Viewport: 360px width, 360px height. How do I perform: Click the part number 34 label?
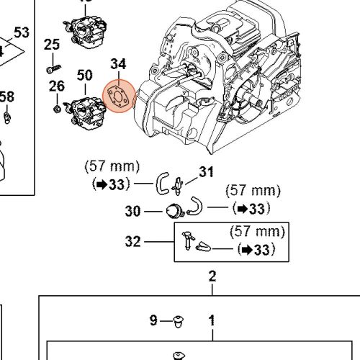click(x=118, y=66)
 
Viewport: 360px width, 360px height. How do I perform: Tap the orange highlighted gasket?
click(x=118, y=96)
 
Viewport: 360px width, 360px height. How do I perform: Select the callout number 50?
click(x=85, y=75)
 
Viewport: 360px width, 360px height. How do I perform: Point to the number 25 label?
click(x=52, y=45)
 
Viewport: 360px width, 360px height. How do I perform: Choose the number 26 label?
click(x=57, y=87)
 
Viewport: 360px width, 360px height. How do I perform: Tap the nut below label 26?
click(x=55, y=109)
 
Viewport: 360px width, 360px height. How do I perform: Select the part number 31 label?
click(x=207, y=171)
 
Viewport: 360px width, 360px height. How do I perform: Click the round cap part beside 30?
click(x=173, y=211)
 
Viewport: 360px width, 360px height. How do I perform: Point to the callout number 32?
click(x=132, y=242)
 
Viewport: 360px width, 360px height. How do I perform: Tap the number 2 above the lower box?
click(x=212, y=276)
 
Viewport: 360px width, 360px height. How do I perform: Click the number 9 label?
click(x=153, y=320)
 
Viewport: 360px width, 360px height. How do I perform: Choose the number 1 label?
click(x=212, y=320)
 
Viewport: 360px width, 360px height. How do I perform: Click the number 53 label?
click(x=22, y=32)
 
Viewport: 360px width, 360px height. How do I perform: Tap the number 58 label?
click(x=6, y=96)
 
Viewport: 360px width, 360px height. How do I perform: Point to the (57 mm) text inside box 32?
click(x=257, y=233)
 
